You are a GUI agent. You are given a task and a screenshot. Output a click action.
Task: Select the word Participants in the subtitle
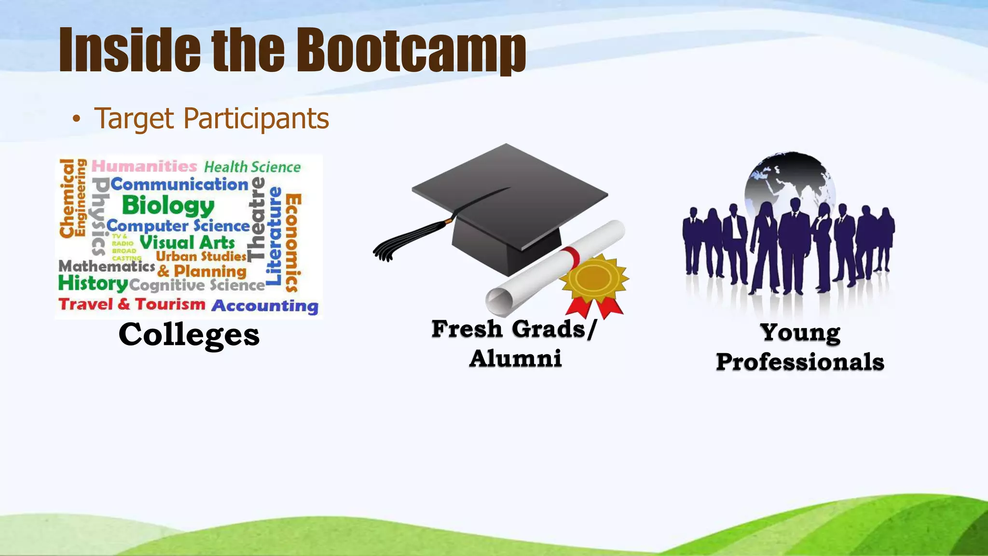256,119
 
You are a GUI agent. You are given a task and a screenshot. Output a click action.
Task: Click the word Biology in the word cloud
168,206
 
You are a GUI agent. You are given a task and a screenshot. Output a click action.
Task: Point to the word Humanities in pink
144,166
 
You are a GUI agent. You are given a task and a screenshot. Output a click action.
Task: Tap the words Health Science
252,167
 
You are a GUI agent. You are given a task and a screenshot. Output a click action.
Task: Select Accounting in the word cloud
265,306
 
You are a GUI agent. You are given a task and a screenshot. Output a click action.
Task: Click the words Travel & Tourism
132,304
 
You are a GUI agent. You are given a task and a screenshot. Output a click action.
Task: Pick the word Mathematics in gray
107,266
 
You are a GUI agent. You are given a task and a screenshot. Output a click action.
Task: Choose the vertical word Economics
293,243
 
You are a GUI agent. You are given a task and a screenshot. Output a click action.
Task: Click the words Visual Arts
187,242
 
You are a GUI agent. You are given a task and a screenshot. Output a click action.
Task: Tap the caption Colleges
189,334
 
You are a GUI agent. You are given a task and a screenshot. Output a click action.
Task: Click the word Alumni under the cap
515,359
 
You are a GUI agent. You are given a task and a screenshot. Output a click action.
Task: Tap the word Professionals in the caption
800,362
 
